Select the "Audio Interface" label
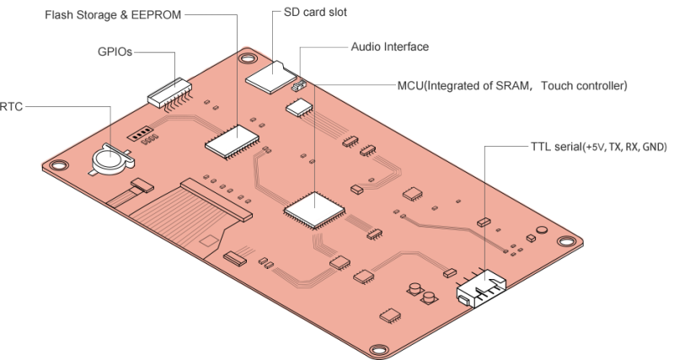click(389, 47)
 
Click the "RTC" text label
click(12, 107)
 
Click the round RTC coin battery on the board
click(108, 156)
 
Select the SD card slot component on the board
click(268, 75)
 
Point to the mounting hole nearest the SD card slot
click(246, 59)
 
